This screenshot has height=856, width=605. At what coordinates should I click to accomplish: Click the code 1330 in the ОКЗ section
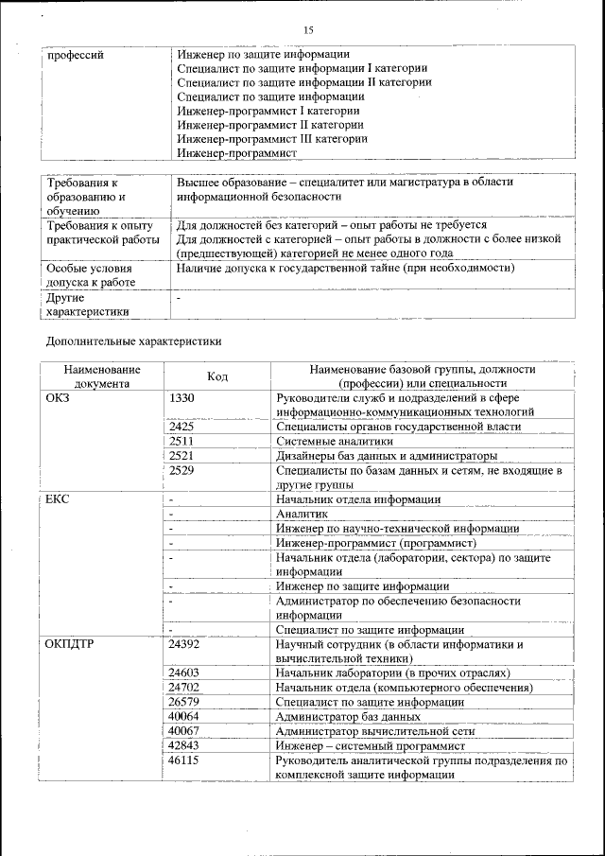(x=181, y=397)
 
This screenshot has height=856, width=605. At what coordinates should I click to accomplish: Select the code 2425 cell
(x=181, y=427)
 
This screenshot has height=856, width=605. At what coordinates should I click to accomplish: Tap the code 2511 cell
(x=181, y=441)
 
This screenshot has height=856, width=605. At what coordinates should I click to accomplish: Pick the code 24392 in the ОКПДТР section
(x=184, y=643)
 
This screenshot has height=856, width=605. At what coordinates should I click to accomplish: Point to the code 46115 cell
(x=184, y=760)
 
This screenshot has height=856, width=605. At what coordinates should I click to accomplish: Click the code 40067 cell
(x=184, y=730)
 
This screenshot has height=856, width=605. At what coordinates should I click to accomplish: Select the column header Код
(x=217, y=376)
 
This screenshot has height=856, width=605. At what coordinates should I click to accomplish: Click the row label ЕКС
(x=58, y=498)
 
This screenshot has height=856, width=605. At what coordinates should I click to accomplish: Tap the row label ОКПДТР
(x=69, y=643)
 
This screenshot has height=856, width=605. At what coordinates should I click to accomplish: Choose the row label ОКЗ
(x=58, y=397)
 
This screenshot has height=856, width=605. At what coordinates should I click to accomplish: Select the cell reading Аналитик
(x=301, y=514)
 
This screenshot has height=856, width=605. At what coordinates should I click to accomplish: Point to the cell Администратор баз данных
(x=347, y=716)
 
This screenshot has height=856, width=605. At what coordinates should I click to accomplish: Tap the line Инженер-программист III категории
(x=272, y=138)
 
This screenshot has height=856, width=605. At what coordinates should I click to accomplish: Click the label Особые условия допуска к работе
(x=90, y=275)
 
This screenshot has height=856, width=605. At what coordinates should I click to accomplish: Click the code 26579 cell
(x=184, y=702)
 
